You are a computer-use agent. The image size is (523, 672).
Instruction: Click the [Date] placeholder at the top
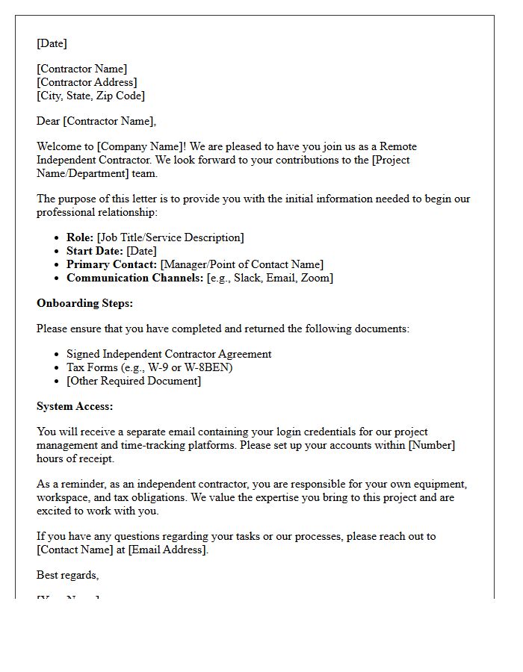[52, 43]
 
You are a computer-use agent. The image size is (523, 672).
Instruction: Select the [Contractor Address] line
[87, 82]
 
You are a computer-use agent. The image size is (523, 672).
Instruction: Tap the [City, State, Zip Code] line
[90, 96]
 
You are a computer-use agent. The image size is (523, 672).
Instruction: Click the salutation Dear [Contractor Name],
[96, 121]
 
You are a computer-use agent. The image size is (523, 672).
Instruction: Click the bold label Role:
[80, 237]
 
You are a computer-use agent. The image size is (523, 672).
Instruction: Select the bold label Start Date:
[95, 251]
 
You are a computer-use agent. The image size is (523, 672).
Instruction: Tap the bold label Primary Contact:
[112, 264]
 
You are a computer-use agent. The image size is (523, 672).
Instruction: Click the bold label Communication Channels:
[134, 278]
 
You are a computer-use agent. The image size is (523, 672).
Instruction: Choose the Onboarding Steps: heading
[84, 303]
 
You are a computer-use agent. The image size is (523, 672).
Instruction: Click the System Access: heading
[75, 406]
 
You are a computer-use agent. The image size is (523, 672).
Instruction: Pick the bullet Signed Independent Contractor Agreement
[169, 354]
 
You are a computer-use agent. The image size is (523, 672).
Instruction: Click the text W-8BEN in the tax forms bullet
[211, 367]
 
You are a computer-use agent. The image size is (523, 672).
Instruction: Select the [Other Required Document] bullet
[134, 381]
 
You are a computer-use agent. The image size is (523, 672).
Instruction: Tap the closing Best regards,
[68, 575]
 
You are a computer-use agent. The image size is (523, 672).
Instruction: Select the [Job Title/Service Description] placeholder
[170, 237]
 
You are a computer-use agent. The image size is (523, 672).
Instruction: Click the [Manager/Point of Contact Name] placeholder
[242, 264]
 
